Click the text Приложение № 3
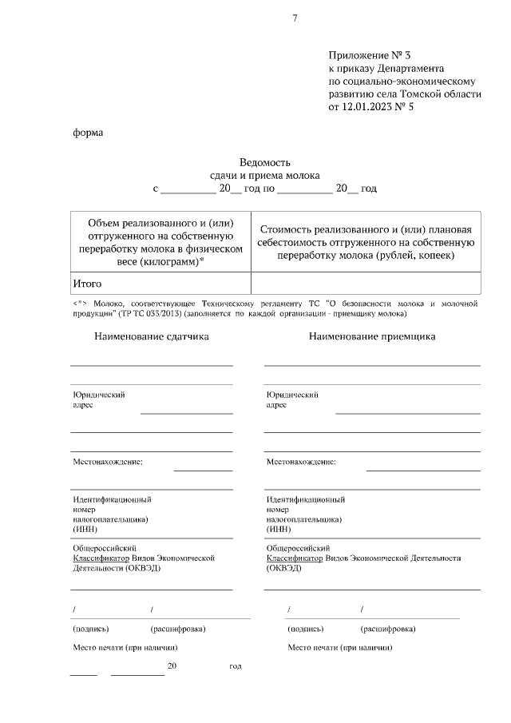coord(369,55)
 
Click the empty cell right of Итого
coord(366,283)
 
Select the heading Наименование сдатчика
coord(152,337)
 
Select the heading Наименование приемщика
coord(372,337)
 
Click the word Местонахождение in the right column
coord(301,462)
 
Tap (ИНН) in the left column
coord(85,529)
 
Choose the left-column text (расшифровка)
coord(178,629)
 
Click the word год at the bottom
coord(235,665)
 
